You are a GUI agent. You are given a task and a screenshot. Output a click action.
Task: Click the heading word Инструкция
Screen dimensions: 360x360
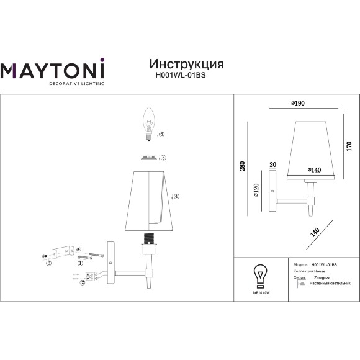pyautogui.click(x=187, y=64)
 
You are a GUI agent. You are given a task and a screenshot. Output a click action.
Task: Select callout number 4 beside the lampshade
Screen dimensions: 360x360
pyautogui.click(x=176, y=196)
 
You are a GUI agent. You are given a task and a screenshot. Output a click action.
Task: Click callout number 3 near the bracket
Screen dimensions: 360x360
pyautogui.click(x=48, y=263)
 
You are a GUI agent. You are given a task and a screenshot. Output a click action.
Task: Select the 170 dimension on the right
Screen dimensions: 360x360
pyautogui.click(x=348, y=147)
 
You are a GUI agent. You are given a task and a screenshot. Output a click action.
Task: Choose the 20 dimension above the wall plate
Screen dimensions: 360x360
pyautogui.click(x=272, y=165)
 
